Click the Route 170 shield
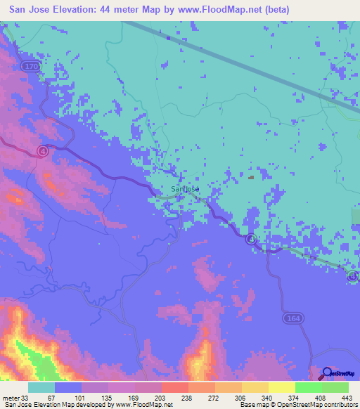(29, 66)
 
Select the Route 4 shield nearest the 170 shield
(43, 151)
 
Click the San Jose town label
(186, 189)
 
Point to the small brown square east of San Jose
(251, 177)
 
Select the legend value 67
(51, 397)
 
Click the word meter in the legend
(10, 397)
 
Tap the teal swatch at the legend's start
(41, 387)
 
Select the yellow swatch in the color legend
(281, 387)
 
